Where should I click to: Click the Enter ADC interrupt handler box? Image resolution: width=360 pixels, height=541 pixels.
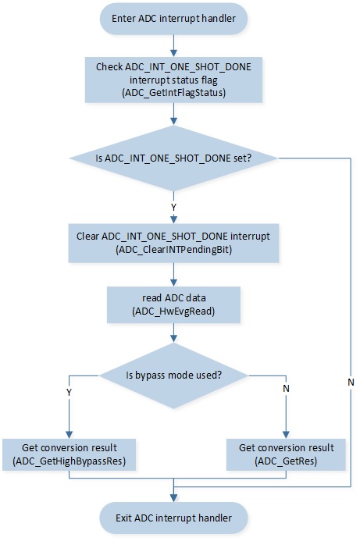(173, 19)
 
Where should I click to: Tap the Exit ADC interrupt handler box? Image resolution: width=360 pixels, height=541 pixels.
(173, 518)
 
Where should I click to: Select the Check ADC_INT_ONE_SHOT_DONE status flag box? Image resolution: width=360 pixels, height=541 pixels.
(173, 80)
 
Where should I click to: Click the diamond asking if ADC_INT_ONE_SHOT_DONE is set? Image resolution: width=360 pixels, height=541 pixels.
(173, 158)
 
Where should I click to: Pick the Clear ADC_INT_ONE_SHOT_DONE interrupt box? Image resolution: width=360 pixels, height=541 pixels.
(173, 243)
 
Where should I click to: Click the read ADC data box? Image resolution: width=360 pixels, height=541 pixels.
(173, 304)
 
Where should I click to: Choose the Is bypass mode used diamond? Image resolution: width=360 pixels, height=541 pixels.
(173, 375)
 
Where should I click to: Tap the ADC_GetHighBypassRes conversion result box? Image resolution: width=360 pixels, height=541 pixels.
(69, 454)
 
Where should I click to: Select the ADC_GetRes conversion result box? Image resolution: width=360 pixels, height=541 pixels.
(286, 454)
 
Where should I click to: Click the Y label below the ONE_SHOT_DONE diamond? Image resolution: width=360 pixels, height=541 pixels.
(173, 208)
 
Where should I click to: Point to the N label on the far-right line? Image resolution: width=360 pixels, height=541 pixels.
(351, 382)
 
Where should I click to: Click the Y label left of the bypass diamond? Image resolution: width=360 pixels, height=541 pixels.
(69, 393)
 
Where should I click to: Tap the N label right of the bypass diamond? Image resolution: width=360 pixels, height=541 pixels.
(286, 389)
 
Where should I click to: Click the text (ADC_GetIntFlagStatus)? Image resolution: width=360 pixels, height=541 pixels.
(173, 93)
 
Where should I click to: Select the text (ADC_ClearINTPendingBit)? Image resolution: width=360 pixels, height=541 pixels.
(173, 250)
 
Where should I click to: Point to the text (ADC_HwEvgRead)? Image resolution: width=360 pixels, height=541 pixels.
(173, 311)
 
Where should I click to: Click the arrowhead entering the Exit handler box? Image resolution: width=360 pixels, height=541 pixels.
(173, 498)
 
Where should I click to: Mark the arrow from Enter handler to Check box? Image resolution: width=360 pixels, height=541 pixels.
(173, 46)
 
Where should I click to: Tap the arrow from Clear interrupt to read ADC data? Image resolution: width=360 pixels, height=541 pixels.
(173, 275)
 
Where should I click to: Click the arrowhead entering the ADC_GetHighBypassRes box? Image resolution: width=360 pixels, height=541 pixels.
(69, 435)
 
